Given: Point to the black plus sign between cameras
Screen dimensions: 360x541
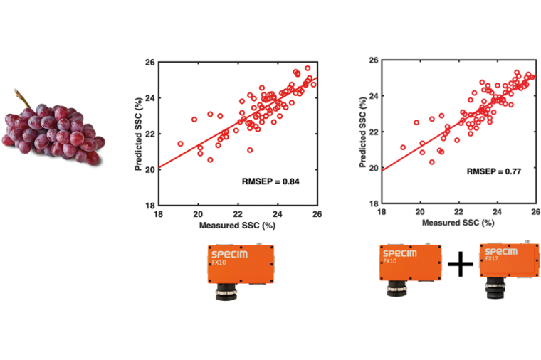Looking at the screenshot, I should [461, 266].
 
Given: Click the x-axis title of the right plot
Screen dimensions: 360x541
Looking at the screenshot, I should [458, 223].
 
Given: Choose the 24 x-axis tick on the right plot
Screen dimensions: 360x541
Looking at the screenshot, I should [497, 212].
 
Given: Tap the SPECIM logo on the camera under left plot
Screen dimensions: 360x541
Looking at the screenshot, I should [229, 253].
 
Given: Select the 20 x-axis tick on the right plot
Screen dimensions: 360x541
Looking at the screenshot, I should [421, 212].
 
